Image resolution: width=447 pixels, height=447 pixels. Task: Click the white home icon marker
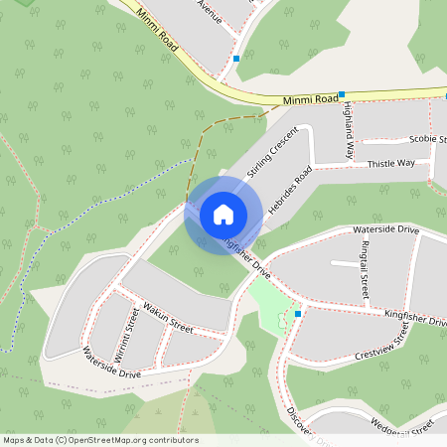pos(223,214)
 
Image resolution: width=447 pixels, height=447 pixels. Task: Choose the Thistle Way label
pos(390,163)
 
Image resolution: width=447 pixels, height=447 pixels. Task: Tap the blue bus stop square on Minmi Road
pos(342,94)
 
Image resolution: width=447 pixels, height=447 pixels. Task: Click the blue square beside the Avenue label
pos(236,59)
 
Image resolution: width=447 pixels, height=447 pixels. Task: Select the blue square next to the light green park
pos(298,313)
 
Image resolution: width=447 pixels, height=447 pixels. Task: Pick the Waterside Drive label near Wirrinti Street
pos(112,363)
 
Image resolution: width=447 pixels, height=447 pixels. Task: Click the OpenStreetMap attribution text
pos(100,440)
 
